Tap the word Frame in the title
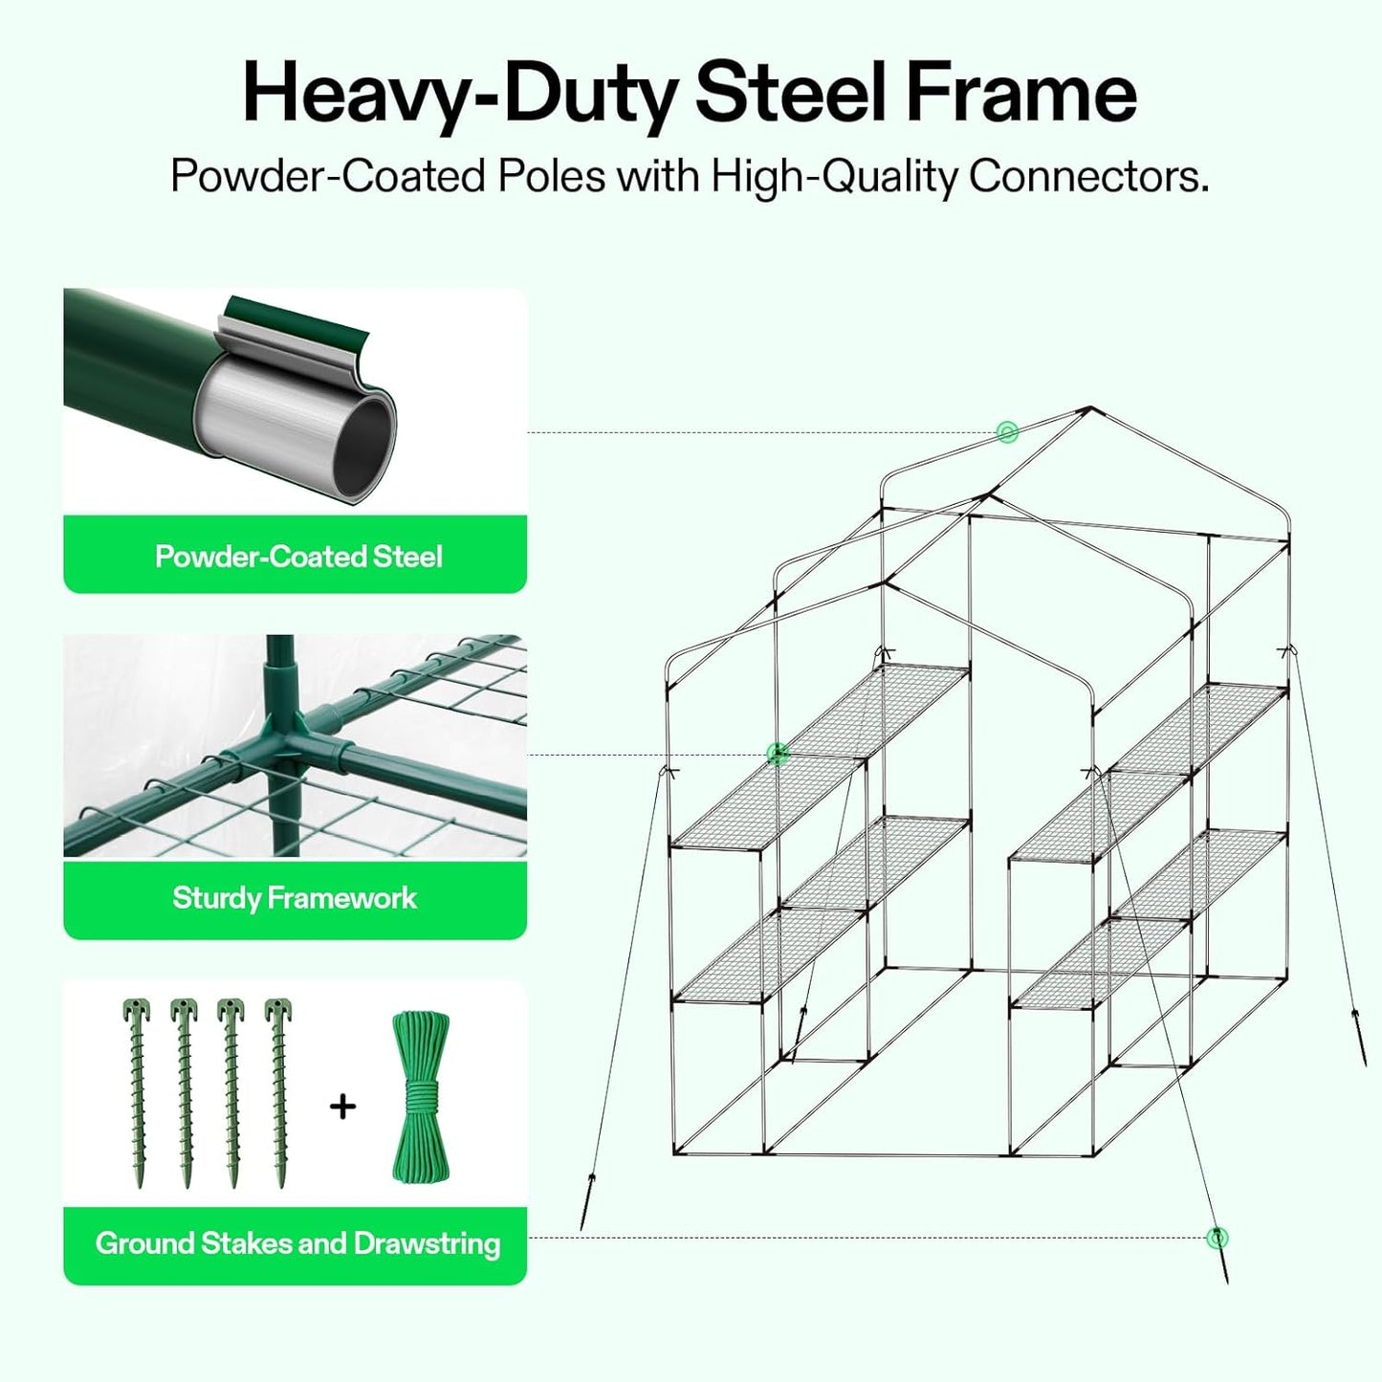pos(1020,94)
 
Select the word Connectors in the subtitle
pos(1087,177)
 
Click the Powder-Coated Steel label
pos(298,557)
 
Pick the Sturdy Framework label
pos(295,898)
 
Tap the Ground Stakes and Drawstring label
pos(297,1243)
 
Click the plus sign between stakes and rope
pos(342,1107)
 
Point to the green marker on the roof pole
pos(1006,432)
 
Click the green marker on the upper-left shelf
pos(778,755)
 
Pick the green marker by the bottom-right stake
pos(1217,1238)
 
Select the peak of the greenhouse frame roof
pos(1089,409)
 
